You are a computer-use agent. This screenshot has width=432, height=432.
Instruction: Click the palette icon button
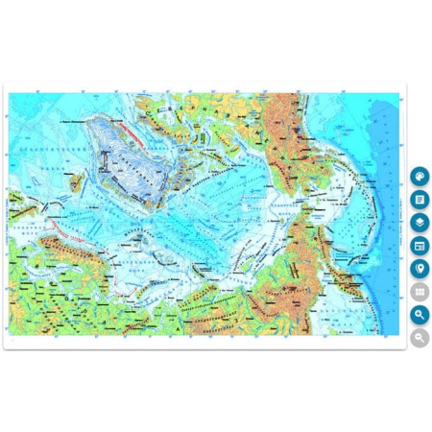(420, 177)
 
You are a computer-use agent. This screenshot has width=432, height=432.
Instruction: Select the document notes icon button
(420, 200)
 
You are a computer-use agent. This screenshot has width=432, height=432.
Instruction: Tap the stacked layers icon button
(420, 223)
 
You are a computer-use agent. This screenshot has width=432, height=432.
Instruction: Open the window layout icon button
(420, 246)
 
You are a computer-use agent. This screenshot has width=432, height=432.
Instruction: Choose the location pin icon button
(420, 269)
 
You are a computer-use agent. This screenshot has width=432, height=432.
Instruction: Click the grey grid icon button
(420, 292)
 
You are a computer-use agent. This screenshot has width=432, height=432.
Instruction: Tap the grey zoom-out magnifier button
(420, 337)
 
